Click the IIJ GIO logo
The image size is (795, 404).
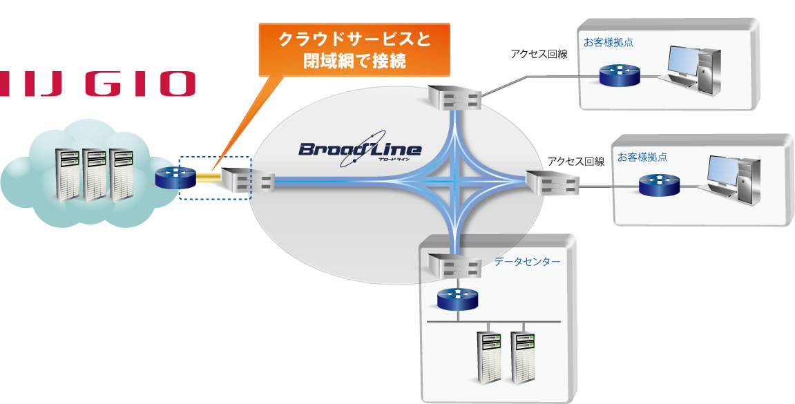[97, 83]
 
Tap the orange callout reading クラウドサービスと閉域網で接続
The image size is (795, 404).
[354, 50]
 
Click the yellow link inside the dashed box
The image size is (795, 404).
[208, 180]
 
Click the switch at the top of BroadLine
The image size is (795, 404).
[453, 97]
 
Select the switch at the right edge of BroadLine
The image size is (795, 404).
[552, 182]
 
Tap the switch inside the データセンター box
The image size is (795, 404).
[453, 265]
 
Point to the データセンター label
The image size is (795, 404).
[527, 262]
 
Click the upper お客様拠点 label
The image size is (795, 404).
[609, 42]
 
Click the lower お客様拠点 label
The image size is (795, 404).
[643, 157]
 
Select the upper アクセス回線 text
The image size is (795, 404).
[539, 54]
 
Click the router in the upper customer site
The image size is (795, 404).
[620, 75]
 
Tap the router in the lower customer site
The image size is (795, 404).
[659, 184]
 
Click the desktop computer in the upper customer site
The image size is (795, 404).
[694, 67]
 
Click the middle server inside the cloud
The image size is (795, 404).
[96, 173]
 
